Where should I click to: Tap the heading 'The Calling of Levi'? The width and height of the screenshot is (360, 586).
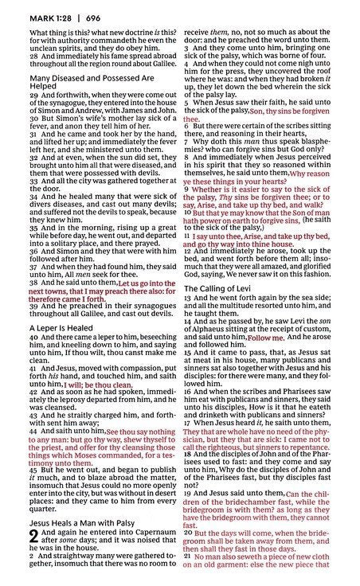coord(221,288)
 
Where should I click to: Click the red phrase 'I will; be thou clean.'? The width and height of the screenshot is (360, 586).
coord(98,384)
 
